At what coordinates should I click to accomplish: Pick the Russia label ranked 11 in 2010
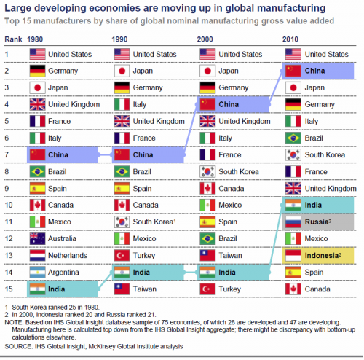pyautogui.click(x=319, y=221)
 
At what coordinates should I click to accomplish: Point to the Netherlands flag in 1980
pyautogui.click(x=36, y=254)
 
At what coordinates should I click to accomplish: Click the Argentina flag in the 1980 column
pyautogui.click(x=36, y=272)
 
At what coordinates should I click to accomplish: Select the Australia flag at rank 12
pyautogui.click(x=36, y=238)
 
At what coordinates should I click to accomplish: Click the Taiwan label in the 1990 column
pyautogui.click(x=146, y=289)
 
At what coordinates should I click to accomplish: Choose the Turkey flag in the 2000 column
pyautogui.click(x=209, y=289)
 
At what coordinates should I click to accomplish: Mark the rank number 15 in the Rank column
pyautogui.click(x=9, y=289)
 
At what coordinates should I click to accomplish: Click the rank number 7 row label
pyautogui.click(x=7, y=154)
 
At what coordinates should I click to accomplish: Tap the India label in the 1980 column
pyautogui.click(x=58, y=289)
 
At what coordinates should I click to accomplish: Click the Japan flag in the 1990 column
pyautogui.click(x=122, y=70)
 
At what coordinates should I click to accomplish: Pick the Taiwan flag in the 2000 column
pyautogui.click(x=209, y=254)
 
